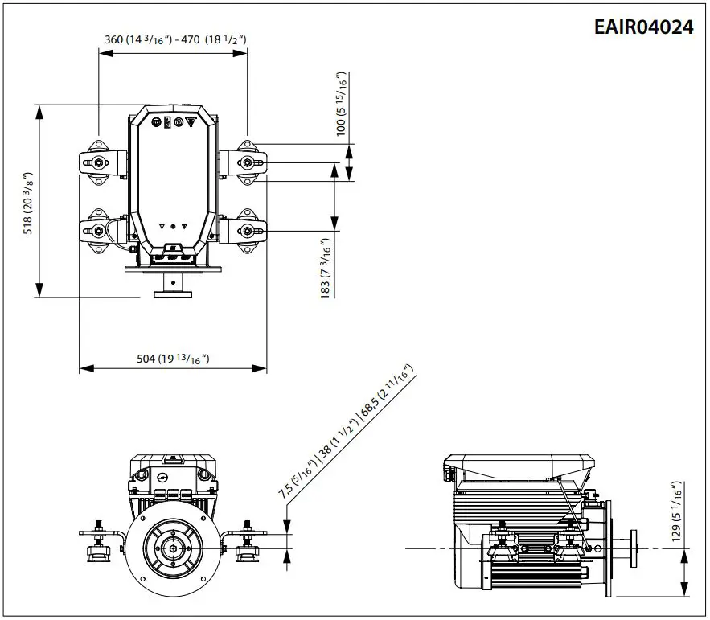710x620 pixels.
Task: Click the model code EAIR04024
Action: pyautogui.click(x=643, y=27)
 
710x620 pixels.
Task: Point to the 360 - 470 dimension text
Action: pyautogui.click(x=174, y=39)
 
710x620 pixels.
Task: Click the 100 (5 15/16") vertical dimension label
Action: pyautogui.click(x=342, y=104)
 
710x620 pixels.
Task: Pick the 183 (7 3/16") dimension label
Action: pyautogui.click(x=326, y=269)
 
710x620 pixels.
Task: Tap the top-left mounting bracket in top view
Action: pyautogui.click(x=100, y=162)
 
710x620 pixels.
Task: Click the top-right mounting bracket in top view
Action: pyautogui.click(x=248, y=162)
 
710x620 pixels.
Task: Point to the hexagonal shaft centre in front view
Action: pyautogui.click(x=174, y=548)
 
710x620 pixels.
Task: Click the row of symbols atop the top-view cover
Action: pyautogui.click(x=173, y=122)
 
